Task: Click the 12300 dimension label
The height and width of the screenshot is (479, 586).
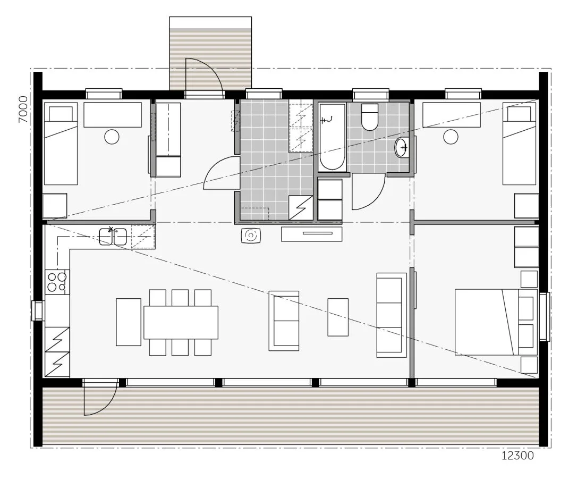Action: pos(517,456)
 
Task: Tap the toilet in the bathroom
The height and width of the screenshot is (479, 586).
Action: pos(370,116)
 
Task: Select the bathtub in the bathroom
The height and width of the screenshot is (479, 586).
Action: pos(332,137)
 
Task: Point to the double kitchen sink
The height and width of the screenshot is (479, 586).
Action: pos(113,237)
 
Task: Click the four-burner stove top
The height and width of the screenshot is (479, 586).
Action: pos(57,282)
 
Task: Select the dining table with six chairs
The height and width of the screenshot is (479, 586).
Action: pos(181,322)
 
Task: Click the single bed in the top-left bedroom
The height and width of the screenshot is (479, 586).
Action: pos(61,144)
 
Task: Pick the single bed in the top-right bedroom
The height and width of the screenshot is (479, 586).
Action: pos(520,144)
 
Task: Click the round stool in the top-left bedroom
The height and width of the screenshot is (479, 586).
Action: pos(112,137)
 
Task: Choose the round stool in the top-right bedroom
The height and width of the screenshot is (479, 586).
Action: pos(451,137)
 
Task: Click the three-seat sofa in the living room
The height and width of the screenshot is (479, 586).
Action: pos(392,315)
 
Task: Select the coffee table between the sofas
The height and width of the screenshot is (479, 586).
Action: pos(338,317)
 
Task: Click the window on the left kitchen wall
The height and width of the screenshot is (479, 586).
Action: pos(38,310)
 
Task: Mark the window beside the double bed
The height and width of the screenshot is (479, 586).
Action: pos(544,317)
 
